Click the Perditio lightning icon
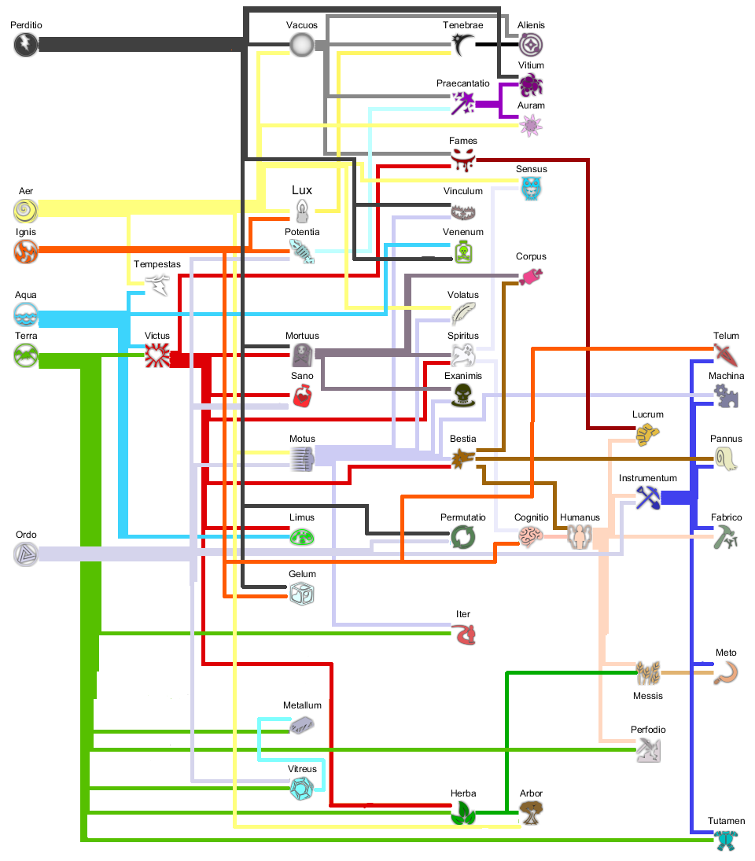point(26,45)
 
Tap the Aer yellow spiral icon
point(26,211)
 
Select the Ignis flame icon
point(26,252)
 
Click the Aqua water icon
point(26,315)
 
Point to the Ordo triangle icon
point(26,554)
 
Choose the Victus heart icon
point(157,357)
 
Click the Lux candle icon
point(302,211)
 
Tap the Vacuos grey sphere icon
point(301,45)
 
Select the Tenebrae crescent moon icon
point(462,45)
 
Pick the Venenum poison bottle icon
point(463,252)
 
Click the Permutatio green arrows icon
point(462,537)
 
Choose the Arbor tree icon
point(532,812)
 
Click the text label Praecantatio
point(463,83)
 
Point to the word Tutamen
point(726,821)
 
